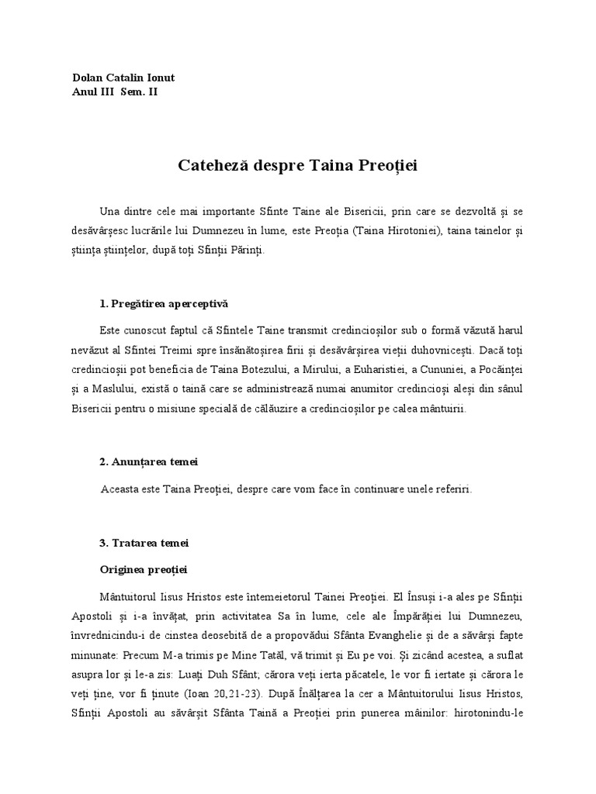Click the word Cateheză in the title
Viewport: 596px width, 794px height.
point(213,165)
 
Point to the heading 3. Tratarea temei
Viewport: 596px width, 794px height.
point(144,543)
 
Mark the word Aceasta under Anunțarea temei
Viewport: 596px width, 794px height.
point(123,489)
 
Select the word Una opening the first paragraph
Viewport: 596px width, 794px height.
point(109,210)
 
